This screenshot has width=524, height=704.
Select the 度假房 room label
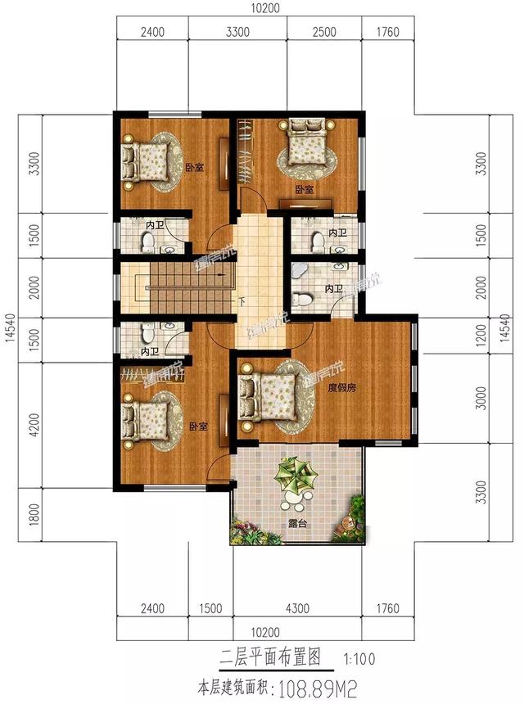(x=344, y=387)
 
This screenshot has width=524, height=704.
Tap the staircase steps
(x=176, y=284)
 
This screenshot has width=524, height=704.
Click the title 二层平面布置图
(x=270, y=657)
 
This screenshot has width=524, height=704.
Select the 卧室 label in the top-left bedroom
(x=194, y=168)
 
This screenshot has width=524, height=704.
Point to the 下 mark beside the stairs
(x=241, y=301)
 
